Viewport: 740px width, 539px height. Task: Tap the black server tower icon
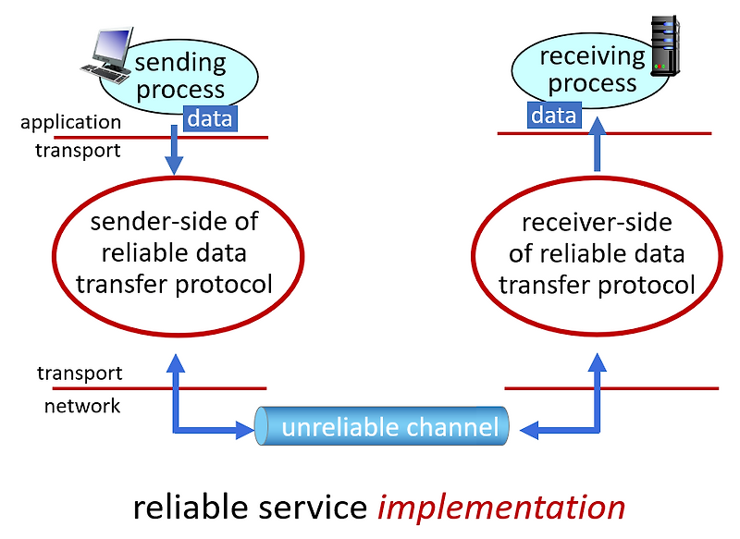tap(665, 44)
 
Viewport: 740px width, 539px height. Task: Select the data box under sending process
tap(209, 117)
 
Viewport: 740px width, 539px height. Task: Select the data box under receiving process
tap(554, 115)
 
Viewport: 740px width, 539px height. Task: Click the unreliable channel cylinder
tap(383, 427)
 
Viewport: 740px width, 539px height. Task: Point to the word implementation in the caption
tap(502, 507)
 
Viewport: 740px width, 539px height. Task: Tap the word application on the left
tap(70, 122)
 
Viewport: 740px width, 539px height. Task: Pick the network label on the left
tap(82, 406)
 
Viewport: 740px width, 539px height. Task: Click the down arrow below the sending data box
tap(174, 153)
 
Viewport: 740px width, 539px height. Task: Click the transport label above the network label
tap(80, 374)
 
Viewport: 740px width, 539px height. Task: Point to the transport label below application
tap(78, 150)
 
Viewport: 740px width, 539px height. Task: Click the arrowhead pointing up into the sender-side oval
tap(174, 362)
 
